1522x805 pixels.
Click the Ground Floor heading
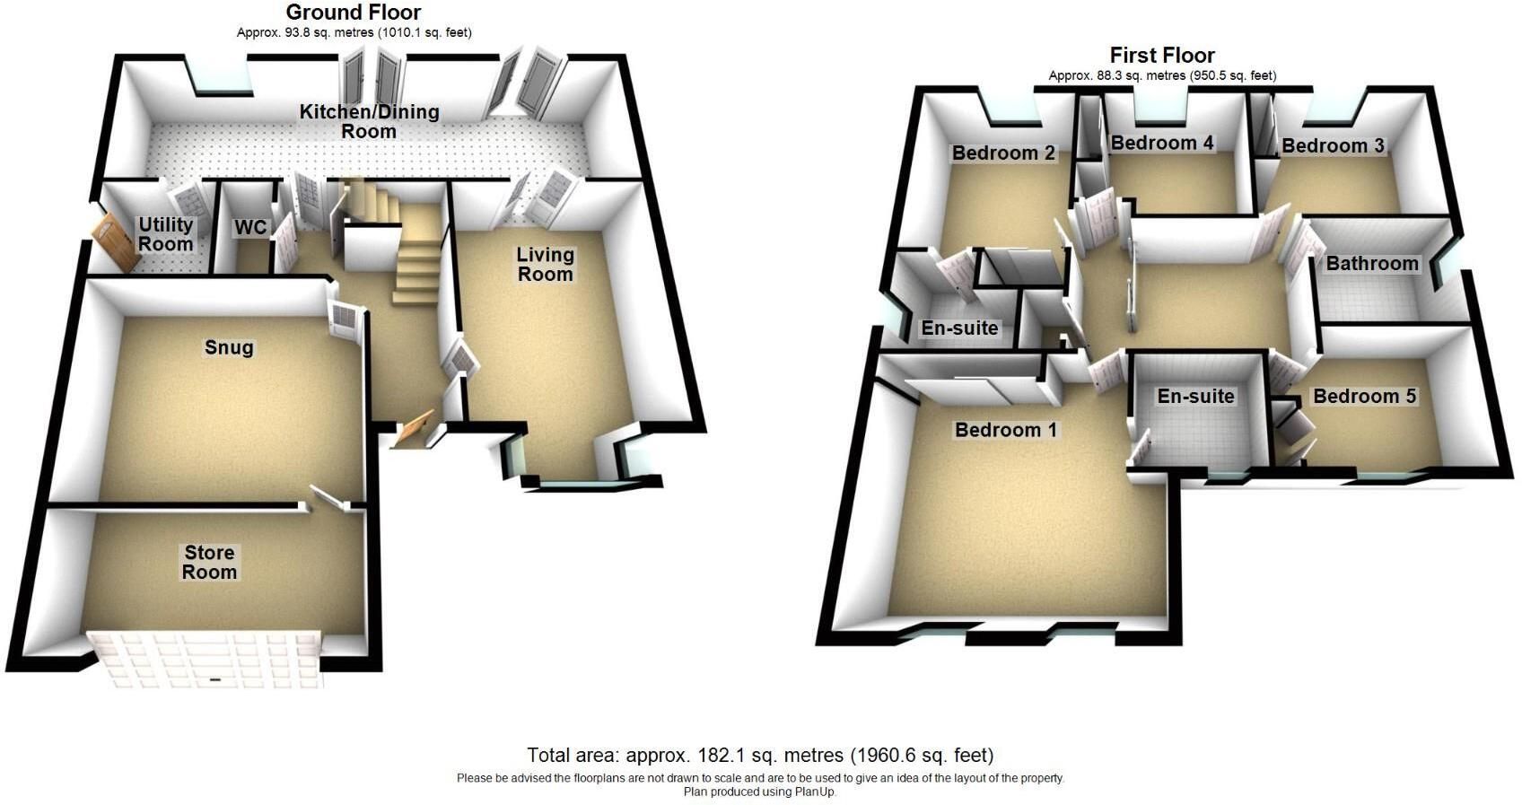click(354, 13)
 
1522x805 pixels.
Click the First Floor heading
click(1162, 55)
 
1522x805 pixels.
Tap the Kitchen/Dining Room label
click(369, 121)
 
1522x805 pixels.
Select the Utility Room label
click(166, 233)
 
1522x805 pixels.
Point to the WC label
click(250, 227)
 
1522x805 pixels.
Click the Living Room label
click(545, 264)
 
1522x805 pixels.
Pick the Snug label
click(229, 348)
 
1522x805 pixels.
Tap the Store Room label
click(209, 562)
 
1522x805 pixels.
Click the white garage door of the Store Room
click(206, 660)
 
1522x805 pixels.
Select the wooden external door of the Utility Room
click(114, 241)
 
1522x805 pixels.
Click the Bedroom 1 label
click(1006, 430)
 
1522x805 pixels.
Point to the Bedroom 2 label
click(1003, 153)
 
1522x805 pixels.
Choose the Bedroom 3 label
click(1334, 145)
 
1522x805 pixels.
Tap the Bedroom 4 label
click(1162, 143)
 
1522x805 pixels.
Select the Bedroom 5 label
click(1364, 396)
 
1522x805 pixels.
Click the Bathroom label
click(1372, 264)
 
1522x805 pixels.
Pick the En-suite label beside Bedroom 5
click(1196, 396)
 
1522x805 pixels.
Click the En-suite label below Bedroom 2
click(959, 328)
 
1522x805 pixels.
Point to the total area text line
click(760, 755)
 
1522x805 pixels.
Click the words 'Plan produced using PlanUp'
click(760, 792)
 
